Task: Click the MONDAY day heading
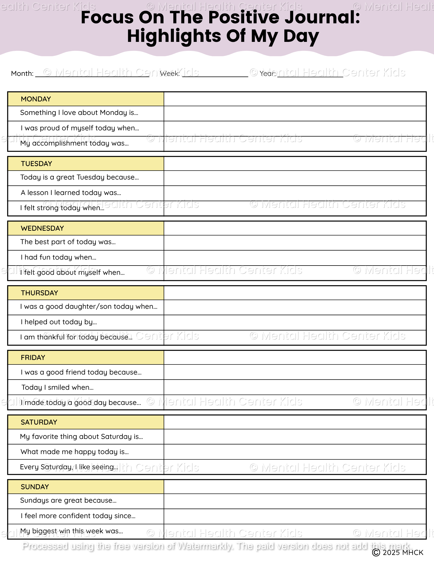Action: [x=36, y=99]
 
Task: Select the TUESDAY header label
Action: [x=37, y=164]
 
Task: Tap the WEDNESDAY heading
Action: [x=42, y=228]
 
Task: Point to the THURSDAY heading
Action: [x=39, y=293]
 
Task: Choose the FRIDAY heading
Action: [x=33, y=358]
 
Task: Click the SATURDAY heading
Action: [x=39, y=422]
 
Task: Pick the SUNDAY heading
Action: [x=35, y=487]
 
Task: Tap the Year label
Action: [x=268, y=74]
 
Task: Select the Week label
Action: [x=170, y=74]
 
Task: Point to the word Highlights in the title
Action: [x=174, y=36]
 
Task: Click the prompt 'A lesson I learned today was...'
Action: [x=71, y=193]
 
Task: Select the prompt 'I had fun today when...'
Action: [x=58, y=257]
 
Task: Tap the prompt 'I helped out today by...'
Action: [x=59, y=322]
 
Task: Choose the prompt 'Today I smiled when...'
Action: [x=58, y=387]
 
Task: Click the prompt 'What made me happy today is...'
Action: [x=74, y=452]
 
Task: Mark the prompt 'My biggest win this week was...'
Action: [x=72, y=531]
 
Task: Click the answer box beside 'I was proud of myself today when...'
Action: [x=295, y=129]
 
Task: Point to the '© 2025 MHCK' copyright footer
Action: [x=397, y=553]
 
